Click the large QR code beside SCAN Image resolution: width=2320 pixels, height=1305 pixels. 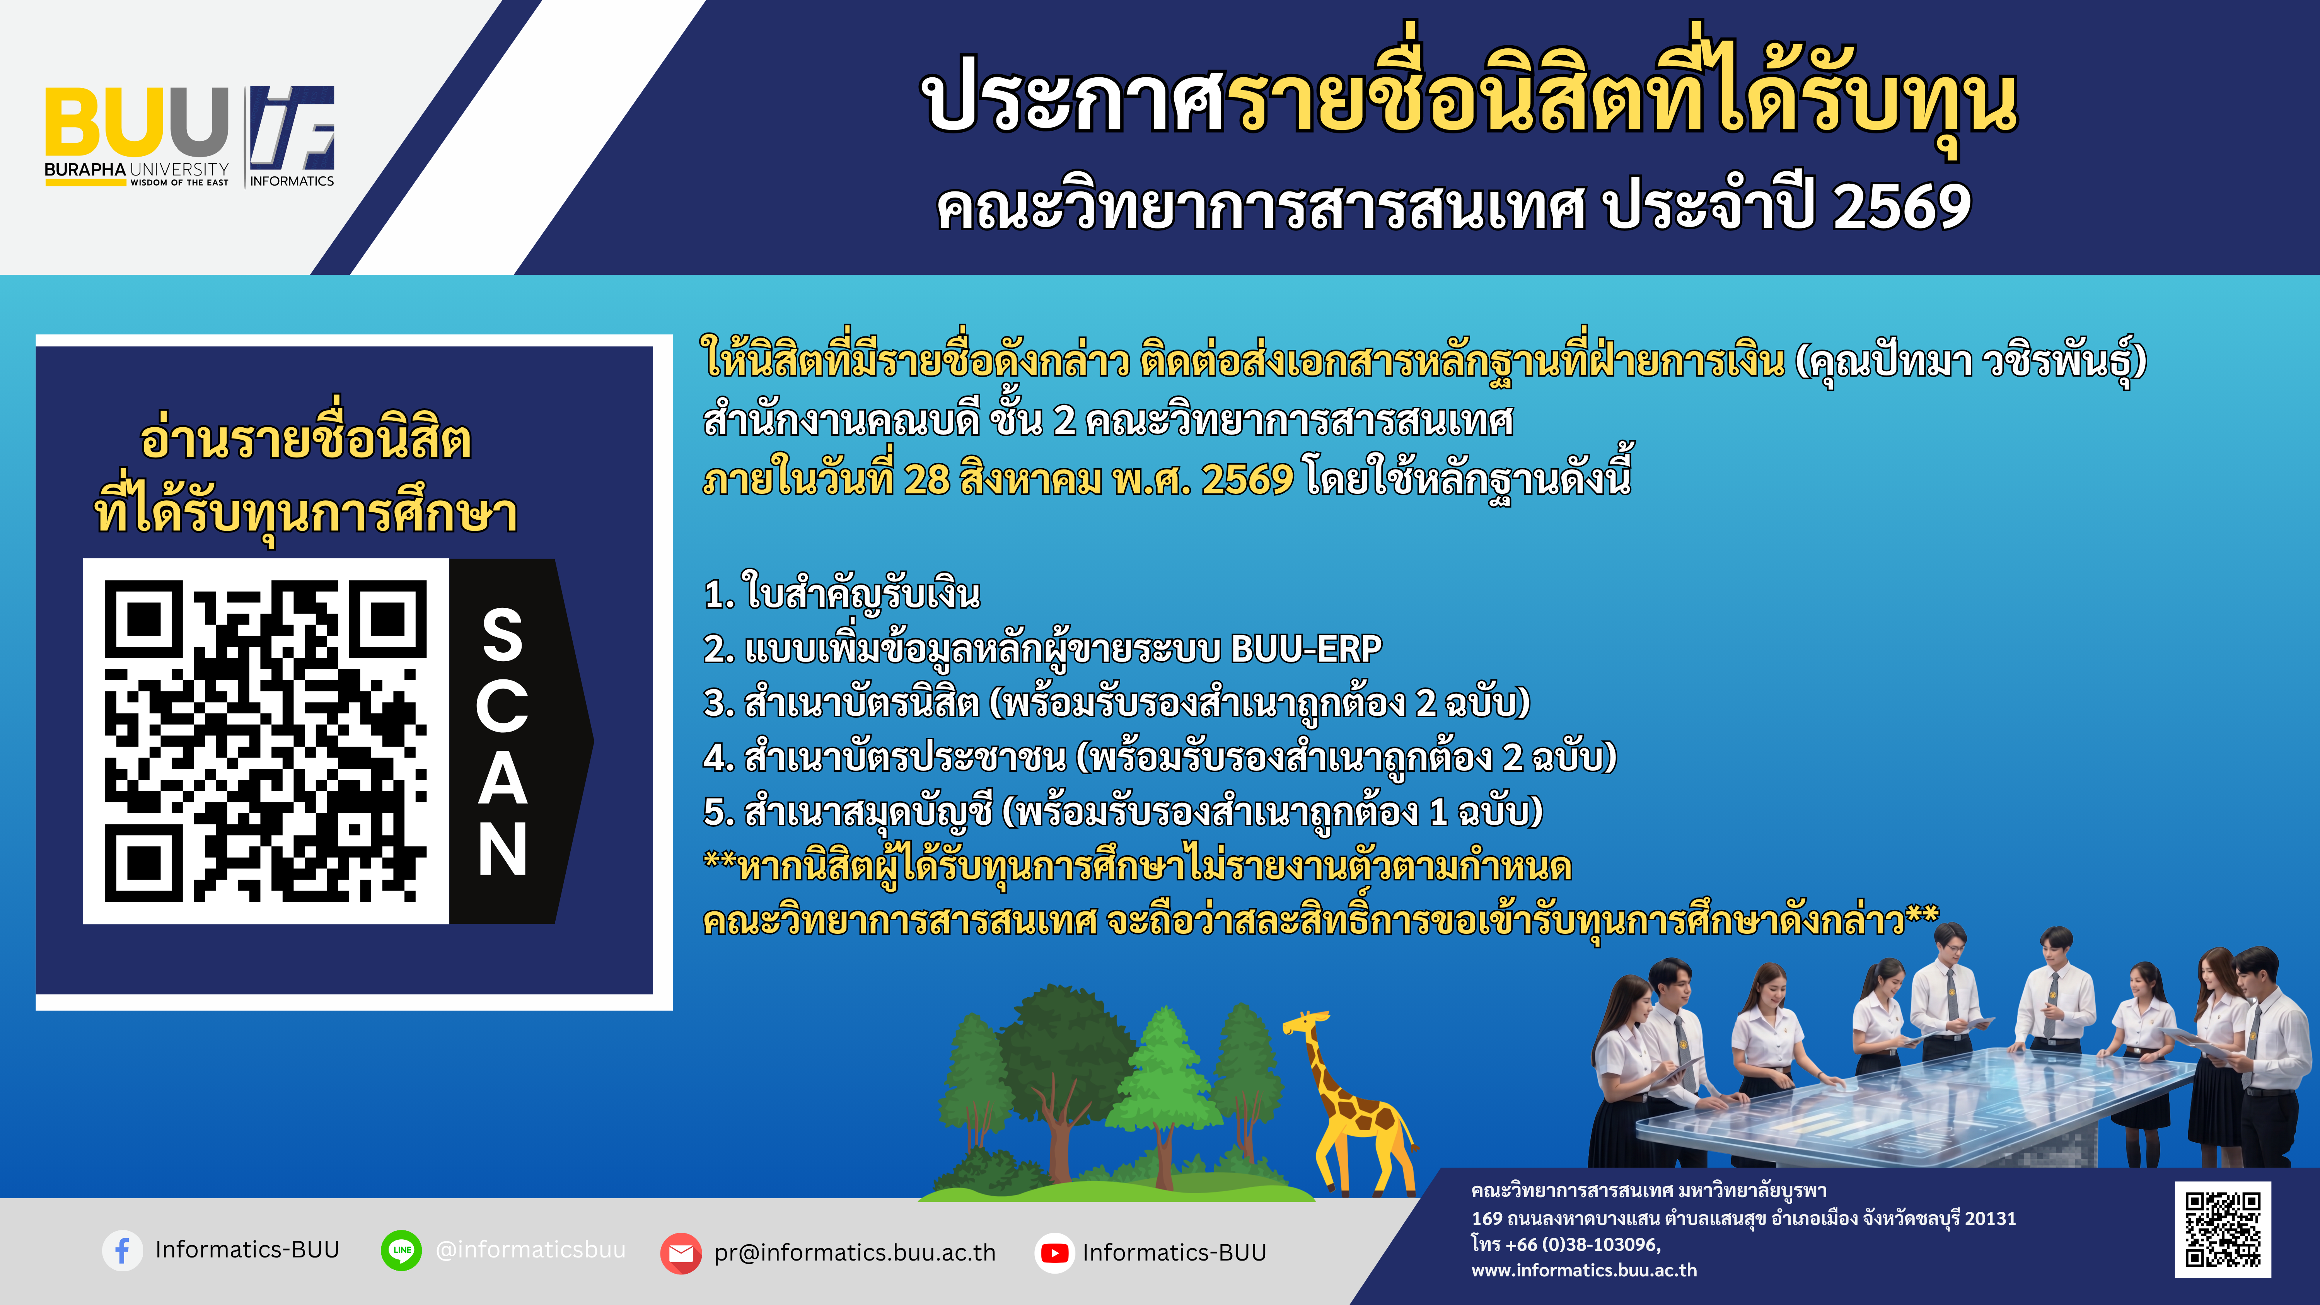[x=266, y=740]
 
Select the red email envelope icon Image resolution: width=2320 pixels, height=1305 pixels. [x=681, y=1253]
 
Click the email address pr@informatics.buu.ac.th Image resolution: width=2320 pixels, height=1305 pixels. [x=855, y=1253]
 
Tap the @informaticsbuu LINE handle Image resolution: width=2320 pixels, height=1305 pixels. [x=531, y=1250]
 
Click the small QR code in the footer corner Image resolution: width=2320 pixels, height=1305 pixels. [x=2223, y=1229]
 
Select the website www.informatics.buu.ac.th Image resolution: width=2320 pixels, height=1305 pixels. [x=1584, y=1270]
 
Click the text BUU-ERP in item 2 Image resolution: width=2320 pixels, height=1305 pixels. [x=1306, y=648]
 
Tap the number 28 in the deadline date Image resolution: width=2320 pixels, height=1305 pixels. [x=927, y=480]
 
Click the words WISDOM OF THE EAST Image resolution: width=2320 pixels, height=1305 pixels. [x=179, y=182]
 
